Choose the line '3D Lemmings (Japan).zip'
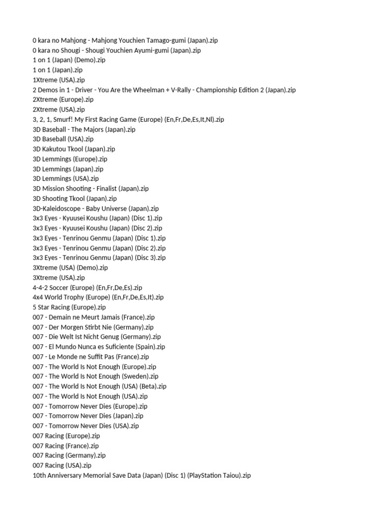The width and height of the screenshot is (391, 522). pos(68,169)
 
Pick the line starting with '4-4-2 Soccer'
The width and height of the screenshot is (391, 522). pos(87,288)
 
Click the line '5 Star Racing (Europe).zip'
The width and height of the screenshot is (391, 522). pos(69,307)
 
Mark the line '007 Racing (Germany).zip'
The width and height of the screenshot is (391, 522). pos(69,455)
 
